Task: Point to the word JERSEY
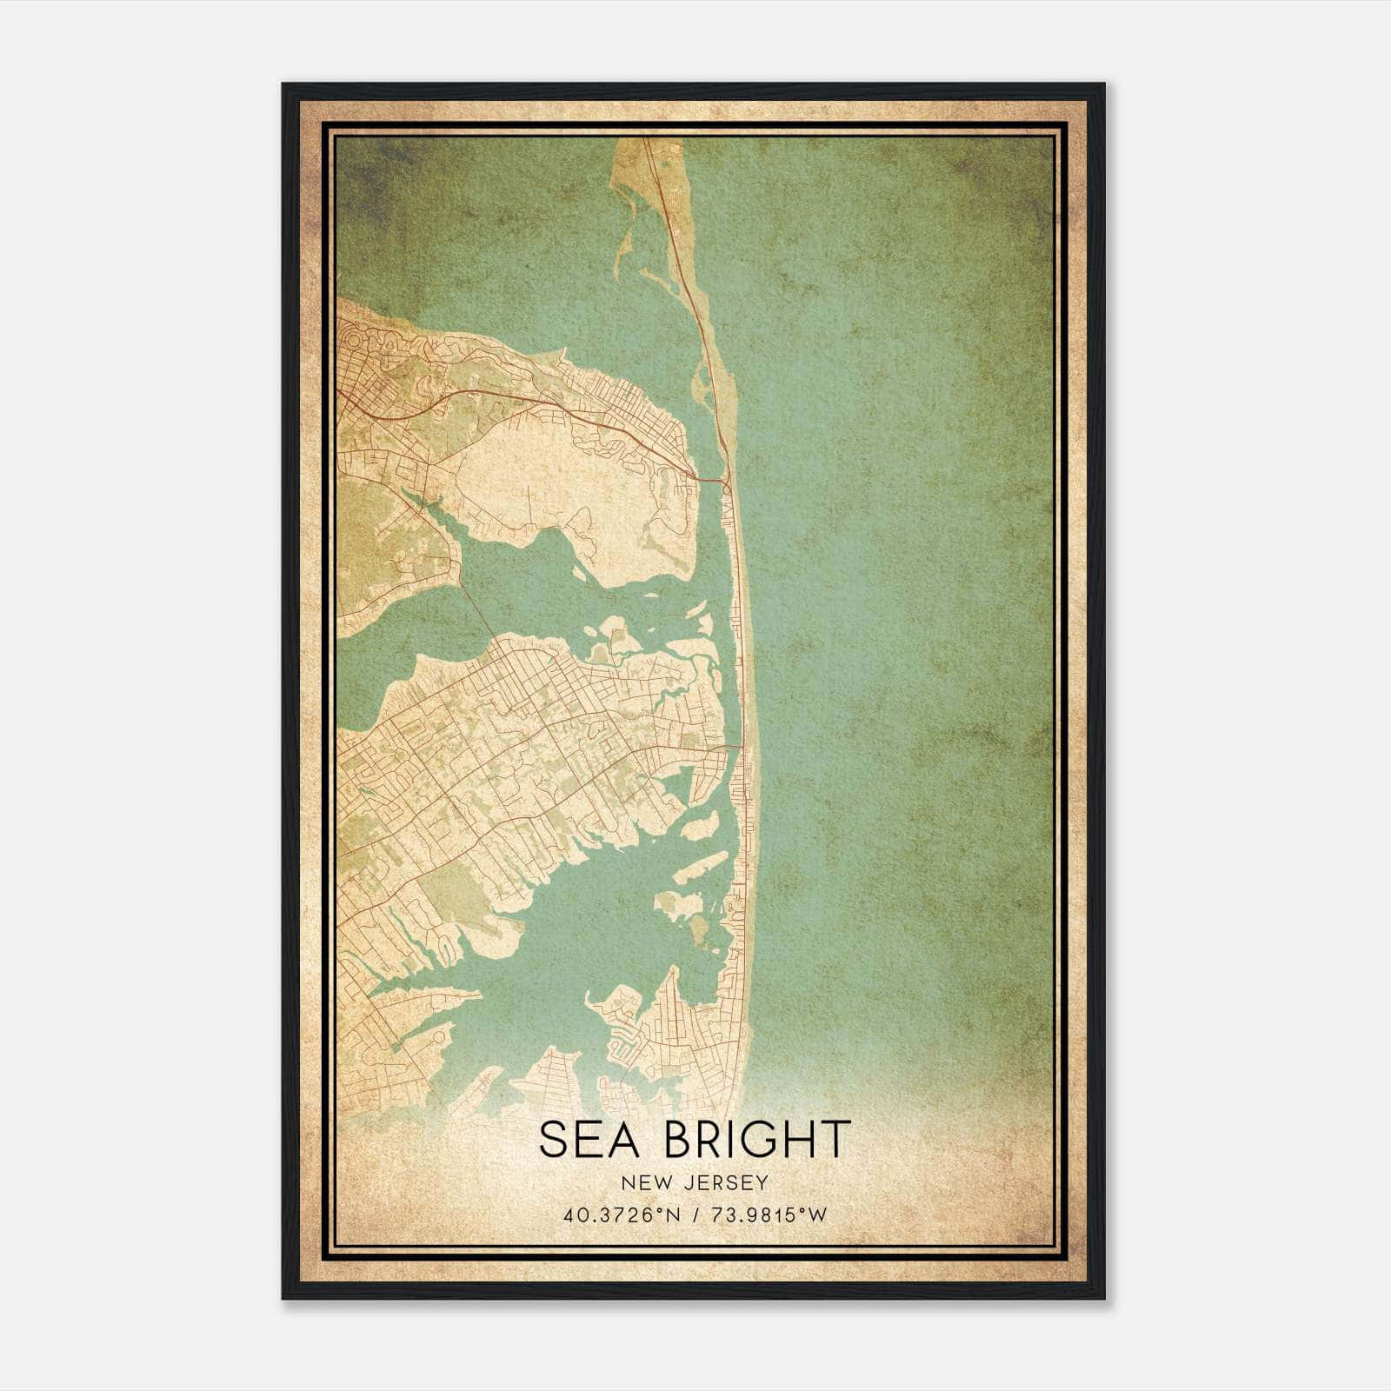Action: pos(720,1183)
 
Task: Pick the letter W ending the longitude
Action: pos(818,1215)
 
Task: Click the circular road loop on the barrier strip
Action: pos(726,488)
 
